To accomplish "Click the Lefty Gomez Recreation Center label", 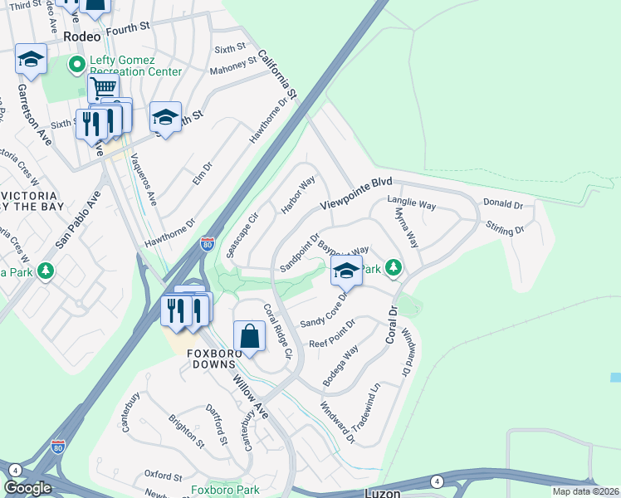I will [136, 66].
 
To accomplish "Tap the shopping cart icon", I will [103, 87].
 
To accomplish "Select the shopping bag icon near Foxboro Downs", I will [249, 336].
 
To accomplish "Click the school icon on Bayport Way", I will [346, 270].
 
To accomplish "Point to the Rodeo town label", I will [82, 37].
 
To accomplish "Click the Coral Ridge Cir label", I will [279, 330].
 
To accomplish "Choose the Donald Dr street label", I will [503, 203].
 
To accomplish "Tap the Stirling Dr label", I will [505, 228].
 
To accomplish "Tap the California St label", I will [276, 71].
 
